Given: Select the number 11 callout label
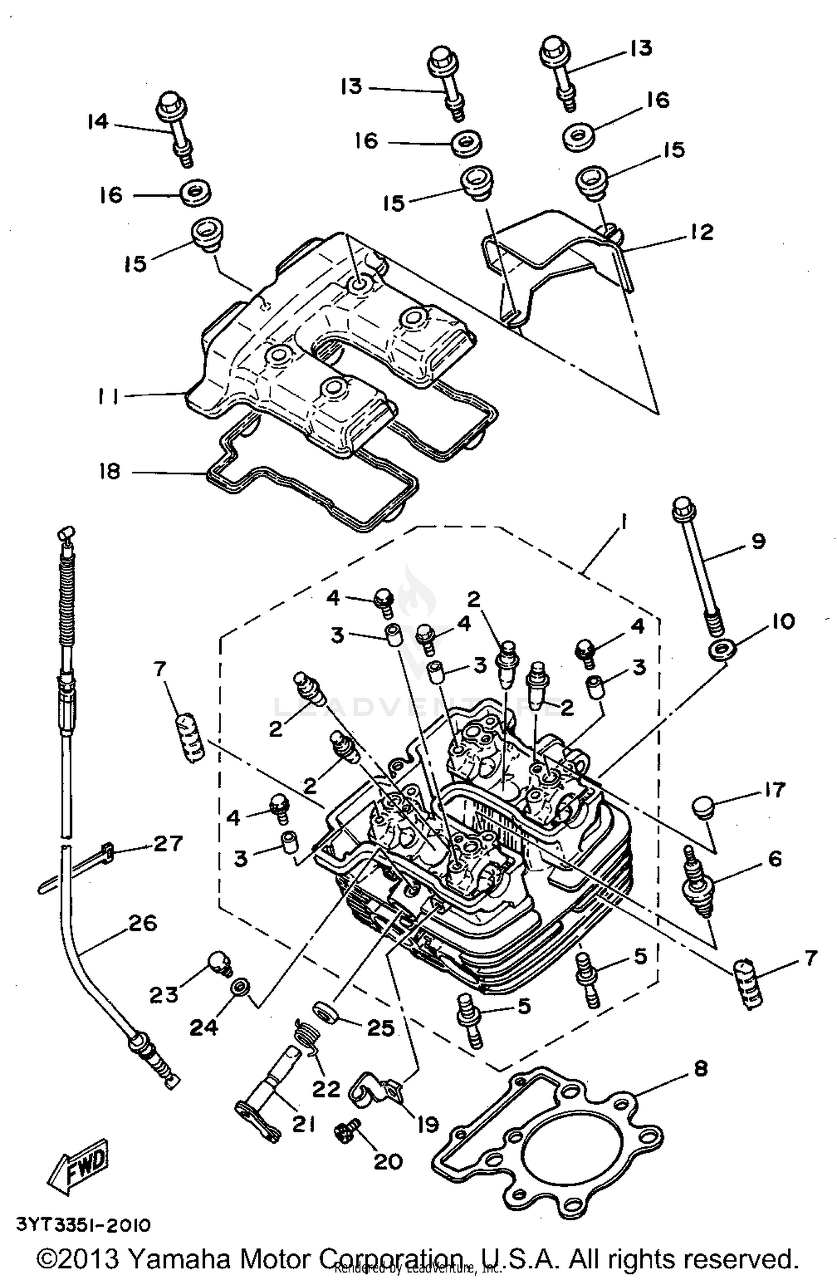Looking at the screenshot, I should click(x=107, y=396).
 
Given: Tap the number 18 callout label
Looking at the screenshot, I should click(x=109, y=472).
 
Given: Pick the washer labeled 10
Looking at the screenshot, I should click(x=723, y=649).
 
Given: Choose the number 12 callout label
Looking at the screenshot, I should click(x=701, y=231).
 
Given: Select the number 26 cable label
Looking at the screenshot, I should click(x=142, y=923).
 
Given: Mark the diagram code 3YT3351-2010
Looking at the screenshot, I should click(x=83, y=1225).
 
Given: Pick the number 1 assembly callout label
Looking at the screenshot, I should click(x=623, y=523).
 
